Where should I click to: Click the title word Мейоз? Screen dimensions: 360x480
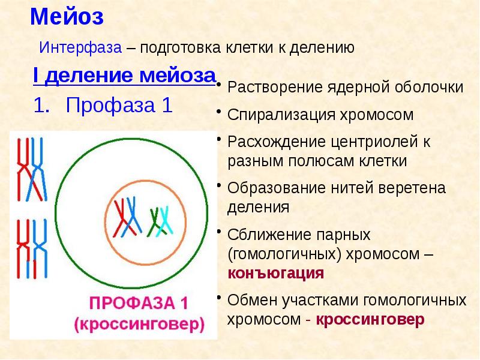tap(67, 17)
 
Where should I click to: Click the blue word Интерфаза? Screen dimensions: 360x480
tap(81, 48)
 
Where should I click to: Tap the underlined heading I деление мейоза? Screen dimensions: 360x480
tap(124, 77)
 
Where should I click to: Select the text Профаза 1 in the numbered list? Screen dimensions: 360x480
tap(119, 106)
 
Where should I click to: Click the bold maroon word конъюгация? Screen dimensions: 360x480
tap(276, 274)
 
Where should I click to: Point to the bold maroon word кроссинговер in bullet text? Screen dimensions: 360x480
tap(370, 319)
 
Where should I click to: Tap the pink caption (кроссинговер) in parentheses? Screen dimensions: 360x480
tap(139, 325)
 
